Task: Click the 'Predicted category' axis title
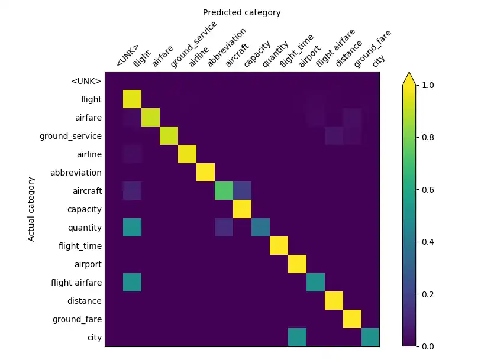pyautogui.click(x=241, y=12)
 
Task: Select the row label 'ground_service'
pyautogui.click(x=70, y=136)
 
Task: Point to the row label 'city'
pyautogui.click(x=95, y=338)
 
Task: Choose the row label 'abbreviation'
pyautogui.click(x=76, y=173)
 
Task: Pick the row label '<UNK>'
pyautogui.click(x=86, y=81)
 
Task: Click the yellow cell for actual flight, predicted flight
pyautogui.click(x=132, y=99)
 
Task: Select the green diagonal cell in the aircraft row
pyautogui.click(x=224, y=191)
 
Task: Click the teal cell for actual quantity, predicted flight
pyautogui.click(x=132, y=228)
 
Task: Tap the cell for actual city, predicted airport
pyautogui.click(x=297, y=338)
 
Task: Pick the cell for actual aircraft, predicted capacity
pyautogui.click(x=242, y=191)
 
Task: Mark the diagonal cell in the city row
pyautogui.click(x=370, y=338)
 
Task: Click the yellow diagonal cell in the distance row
pyautogui.click(x=334, y=301)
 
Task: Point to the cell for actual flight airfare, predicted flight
pyautogui.click(x=132, y=283)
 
